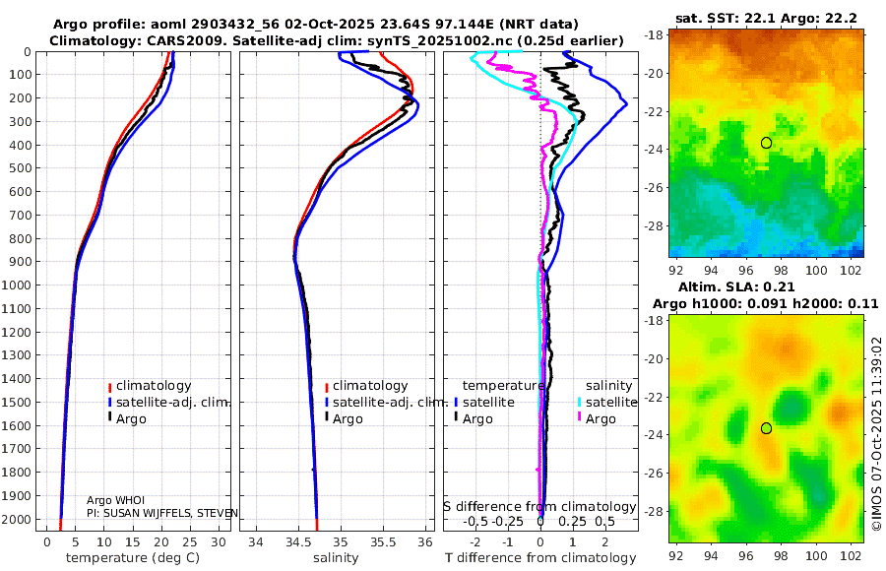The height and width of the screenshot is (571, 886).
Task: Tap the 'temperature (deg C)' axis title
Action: (133, 558)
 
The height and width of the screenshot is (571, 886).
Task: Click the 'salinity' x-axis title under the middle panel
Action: (336, 558)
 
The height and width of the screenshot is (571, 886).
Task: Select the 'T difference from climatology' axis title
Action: (540, 558)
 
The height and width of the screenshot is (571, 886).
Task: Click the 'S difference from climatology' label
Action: (539, 506)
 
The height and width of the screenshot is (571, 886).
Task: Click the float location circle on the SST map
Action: (766, 143)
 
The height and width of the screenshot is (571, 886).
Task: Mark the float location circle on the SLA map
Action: (766, 428)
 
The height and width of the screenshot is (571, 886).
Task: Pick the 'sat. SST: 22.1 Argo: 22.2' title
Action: (766, 19)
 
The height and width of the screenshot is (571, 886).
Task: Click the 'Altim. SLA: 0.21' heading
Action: (736, 286)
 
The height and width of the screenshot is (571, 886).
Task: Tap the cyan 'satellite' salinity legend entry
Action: (607, 402)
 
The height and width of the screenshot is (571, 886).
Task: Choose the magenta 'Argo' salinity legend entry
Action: (597, 419)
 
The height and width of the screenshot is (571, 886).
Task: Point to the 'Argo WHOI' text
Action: (115, 500)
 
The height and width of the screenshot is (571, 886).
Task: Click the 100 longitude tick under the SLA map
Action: (816, 555)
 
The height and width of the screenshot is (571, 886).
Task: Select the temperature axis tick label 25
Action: (190, 542)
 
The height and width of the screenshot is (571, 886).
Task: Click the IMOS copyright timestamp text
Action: (876, 433)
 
